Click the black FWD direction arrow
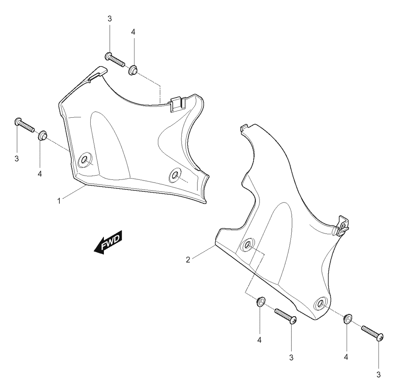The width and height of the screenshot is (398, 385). pos(108,242)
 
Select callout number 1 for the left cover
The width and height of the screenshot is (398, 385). pos(59,201)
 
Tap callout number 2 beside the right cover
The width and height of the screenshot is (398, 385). pos(188,260)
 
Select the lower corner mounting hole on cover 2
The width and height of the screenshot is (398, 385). pos(320,303)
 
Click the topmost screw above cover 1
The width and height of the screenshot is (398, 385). pos(115,60)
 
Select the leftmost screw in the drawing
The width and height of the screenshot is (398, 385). pos(24,124)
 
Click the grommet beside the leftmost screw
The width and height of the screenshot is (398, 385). pos(43,136)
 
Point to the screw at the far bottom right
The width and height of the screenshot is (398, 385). pos(373,333)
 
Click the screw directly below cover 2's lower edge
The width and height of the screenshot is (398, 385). pos(286,316)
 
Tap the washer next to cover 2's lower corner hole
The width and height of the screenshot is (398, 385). pos(347,319)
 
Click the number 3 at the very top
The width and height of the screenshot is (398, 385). pos(110,19)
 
